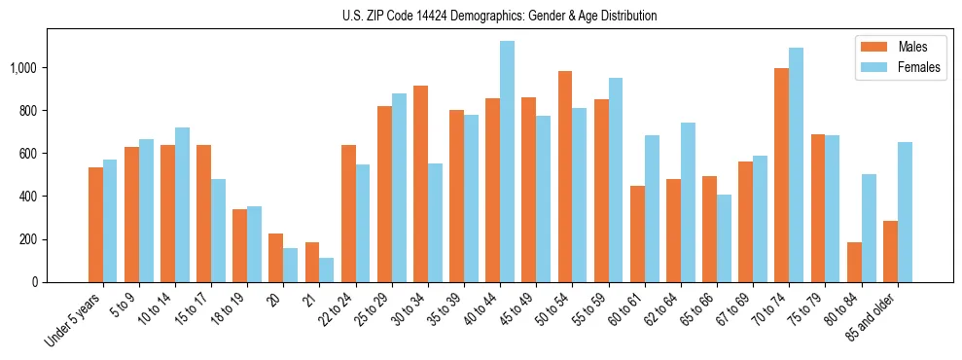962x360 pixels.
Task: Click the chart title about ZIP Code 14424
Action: point(500,16)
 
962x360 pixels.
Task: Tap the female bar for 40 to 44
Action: point(507,162)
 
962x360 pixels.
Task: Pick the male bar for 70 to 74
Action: point(781,175)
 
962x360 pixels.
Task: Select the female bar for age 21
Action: point(327,270)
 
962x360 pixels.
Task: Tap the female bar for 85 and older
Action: point(905,212)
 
